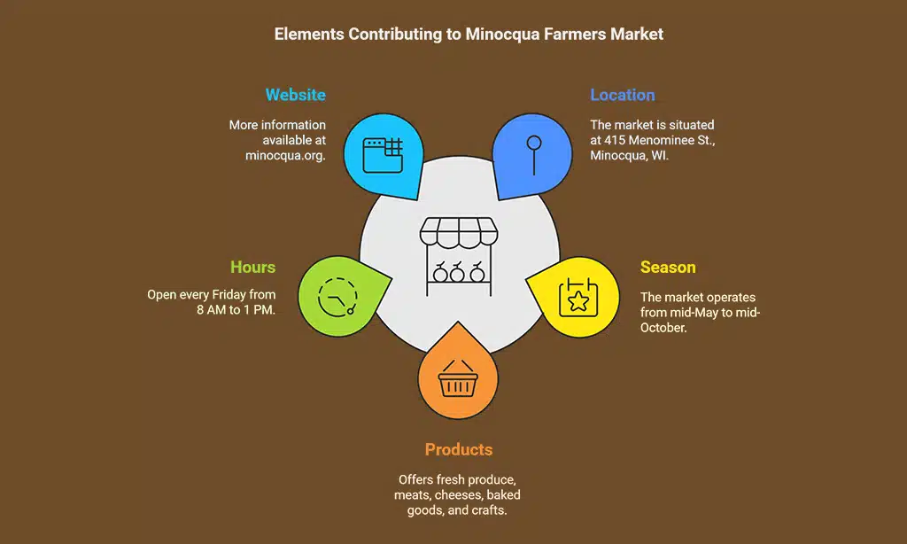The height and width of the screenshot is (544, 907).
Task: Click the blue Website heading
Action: pos(295,95)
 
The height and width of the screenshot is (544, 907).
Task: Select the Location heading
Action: pos(623,95)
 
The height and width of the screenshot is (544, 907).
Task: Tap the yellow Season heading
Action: pos(668,268)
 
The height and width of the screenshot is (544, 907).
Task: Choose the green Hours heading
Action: pos(252,268)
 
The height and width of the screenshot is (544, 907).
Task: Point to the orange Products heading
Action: pos(458,450)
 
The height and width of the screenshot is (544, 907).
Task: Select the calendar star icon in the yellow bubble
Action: pos(578,298)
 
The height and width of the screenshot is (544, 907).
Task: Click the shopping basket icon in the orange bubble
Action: pos(458,381)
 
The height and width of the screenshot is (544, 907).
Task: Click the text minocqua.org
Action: pos(285,156)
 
